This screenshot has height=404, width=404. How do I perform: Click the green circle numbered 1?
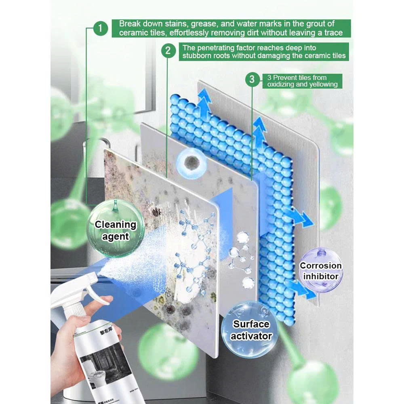point(101,29)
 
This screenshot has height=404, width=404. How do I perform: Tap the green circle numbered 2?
point(168,51)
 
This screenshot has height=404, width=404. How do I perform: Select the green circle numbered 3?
point(252,79)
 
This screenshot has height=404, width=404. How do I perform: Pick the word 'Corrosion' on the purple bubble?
point(321,266)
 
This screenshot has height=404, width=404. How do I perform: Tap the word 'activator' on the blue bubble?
point(252,336)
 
